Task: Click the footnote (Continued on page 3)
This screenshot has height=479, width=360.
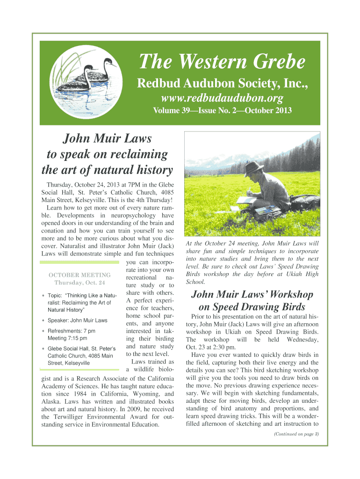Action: (x=296, y=435)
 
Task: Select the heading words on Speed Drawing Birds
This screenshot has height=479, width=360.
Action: (x=252, y=307)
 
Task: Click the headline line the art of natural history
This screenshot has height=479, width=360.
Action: (x=108, y=170)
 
